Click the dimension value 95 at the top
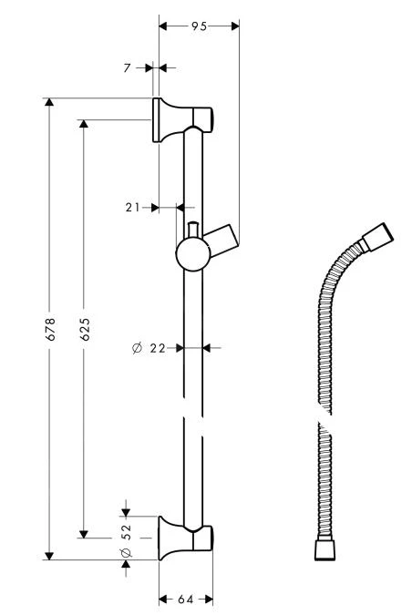click(199, 26)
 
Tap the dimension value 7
click(128, 67)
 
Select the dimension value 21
click(133, 208)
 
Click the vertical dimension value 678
click(50, 329)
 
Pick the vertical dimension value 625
click(85, 329)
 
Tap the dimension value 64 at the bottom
click(185, 599)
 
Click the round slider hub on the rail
click(192, 254)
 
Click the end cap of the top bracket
click(209, 119)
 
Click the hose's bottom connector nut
click(324, 549)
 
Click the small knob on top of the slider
click(192, 228)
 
